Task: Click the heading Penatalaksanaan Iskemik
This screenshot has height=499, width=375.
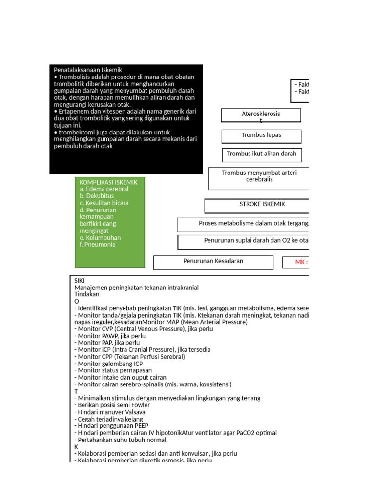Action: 87,70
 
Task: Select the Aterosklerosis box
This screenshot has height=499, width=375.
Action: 261,115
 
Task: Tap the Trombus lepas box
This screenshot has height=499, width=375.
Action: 261,135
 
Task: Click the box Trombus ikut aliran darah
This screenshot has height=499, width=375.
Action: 262,154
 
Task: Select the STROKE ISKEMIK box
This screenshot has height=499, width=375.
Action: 262,205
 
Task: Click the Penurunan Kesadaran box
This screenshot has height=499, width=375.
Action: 213,262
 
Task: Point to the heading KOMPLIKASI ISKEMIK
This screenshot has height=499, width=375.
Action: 108,182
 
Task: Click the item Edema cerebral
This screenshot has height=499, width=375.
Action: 104,189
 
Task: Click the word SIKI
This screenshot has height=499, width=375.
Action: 79,281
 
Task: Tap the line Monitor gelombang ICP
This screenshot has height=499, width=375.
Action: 108,364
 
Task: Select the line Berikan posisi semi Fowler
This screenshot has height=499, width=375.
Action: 112,405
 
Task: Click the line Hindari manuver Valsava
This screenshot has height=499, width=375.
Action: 110,412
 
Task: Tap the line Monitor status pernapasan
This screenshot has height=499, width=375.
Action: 113,370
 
